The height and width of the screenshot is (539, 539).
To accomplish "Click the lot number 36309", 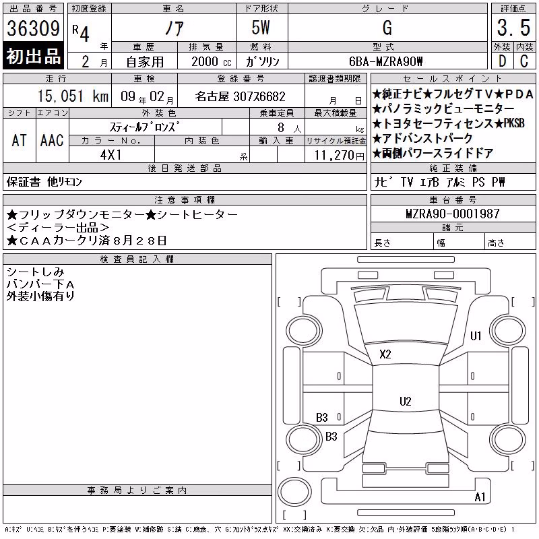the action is [x=33, y=28].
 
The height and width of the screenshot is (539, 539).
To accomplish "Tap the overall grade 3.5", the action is [x=513, y=28].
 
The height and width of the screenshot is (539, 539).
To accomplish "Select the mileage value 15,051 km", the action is [x=73, y=96].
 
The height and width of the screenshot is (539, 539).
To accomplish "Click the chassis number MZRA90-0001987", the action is [x=453, y=214].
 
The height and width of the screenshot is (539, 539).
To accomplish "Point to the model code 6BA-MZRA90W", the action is [x=385, y=61].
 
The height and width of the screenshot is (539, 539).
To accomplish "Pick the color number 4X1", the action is [x=111, y=155].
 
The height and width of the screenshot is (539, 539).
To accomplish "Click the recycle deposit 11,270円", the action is [x=340, y=156].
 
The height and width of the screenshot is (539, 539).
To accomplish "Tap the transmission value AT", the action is [x=20, y=140].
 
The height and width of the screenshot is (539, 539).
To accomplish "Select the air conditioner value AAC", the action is [x=52, y=140].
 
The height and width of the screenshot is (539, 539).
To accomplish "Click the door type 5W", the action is [x=261, y=28].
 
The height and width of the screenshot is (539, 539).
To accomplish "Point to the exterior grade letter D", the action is [x=502, y=61].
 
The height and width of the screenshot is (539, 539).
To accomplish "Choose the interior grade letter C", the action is [x=524, y=61].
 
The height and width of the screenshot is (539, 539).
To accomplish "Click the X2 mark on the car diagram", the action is [x=385, y=354].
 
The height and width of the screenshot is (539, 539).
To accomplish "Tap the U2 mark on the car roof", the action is [x=406, y=401].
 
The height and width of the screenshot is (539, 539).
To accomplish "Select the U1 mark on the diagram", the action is [x=476, y=336].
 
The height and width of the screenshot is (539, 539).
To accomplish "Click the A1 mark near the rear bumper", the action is [x=480, y=497].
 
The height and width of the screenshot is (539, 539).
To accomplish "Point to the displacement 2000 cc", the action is [x=212, y=61].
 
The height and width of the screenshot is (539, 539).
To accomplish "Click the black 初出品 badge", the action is [x=33, y=56].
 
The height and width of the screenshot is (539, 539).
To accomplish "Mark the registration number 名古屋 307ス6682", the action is [x=240, y=96].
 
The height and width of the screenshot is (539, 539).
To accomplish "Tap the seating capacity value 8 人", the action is [x=289, y=128].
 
